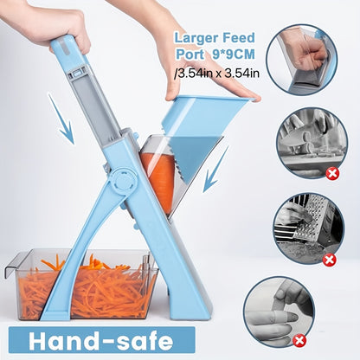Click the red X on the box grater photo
[329, 258]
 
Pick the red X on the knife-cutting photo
[331, 174]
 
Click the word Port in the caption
[191, 55]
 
